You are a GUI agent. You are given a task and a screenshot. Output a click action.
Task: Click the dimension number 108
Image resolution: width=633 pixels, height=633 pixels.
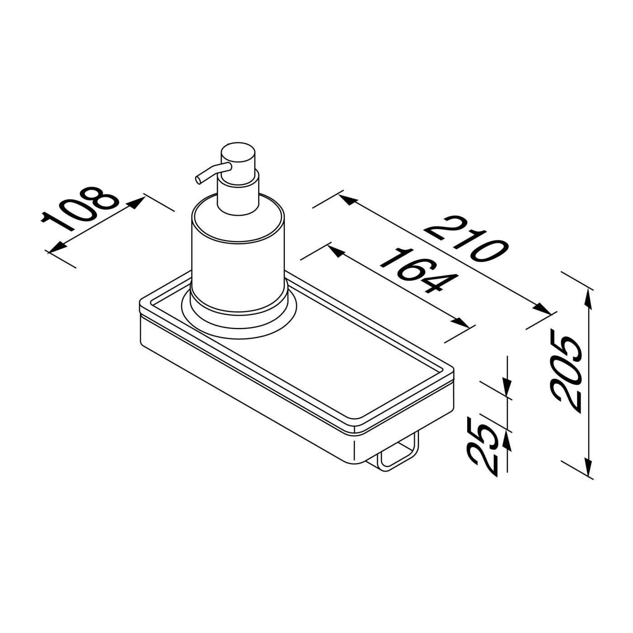coord(80,207)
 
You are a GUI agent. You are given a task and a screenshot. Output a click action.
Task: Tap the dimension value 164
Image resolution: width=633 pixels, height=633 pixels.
coord(416,271)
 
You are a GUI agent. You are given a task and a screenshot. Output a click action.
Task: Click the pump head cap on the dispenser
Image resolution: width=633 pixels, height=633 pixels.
coord(238,156)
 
